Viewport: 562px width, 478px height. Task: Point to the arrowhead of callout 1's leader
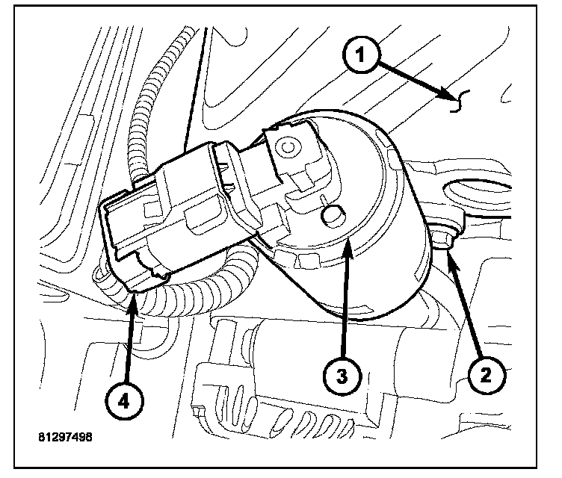(447, 96)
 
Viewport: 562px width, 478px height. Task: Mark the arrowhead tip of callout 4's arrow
(134, 297)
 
